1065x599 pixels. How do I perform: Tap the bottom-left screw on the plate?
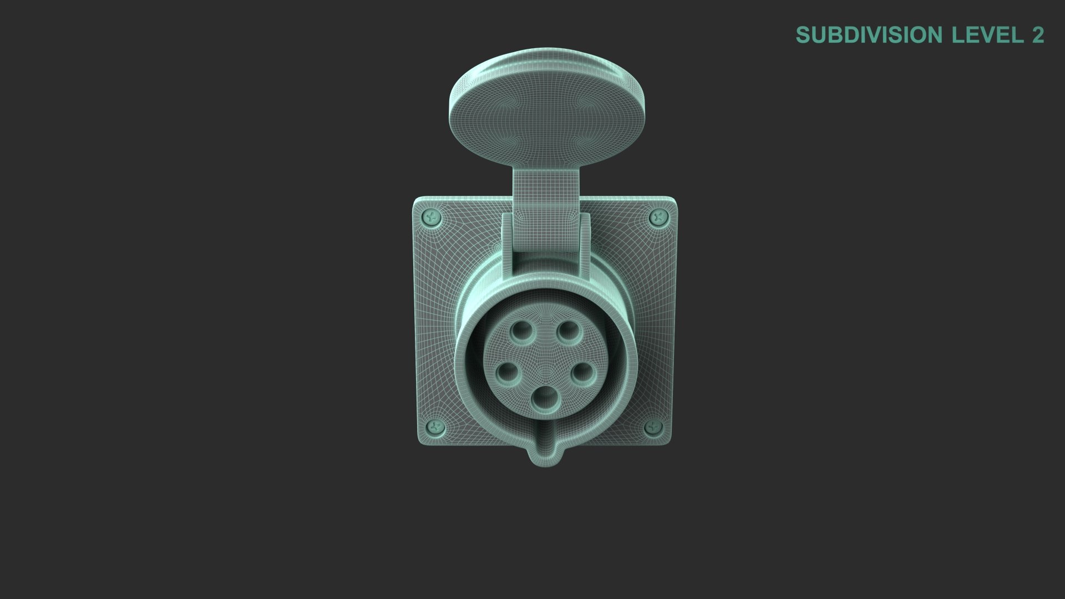436,427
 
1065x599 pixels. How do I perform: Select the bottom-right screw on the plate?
653,427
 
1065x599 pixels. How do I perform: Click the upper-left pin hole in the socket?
522,332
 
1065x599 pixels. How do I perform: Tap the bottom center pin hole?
545,399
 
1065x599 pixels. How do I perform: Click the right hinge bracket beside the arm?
584,244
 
